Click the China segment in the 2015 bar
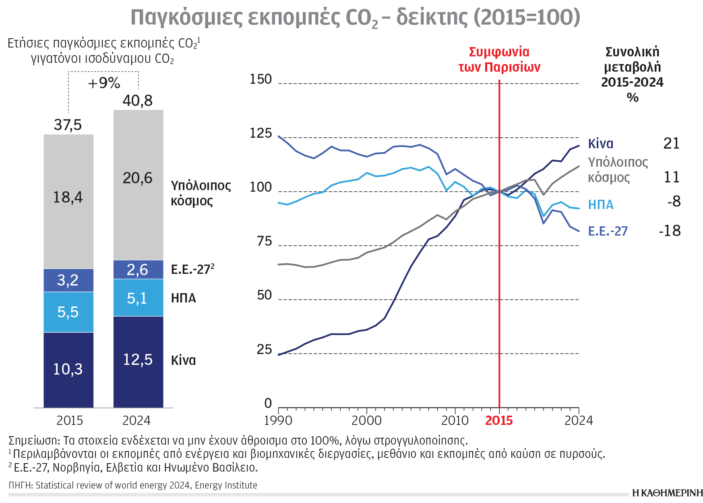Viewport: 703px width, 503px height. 68,369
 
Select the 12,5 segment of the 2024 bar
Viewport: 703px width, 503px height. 138,360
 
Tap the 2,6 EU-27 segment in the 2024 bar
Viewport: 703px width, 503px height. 138,269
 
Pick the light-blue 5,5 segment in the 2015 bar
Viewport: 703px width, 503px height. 68,312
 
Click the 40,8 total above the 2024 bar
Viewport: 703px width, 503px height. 138,101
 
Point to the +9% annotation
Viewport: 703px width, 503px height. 104,83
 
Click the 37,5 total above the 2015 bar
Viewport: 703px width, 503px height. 68,125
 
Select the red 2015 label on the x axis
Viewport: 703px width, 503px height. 499,420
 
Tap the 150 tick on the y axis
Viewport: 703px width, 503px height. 261,79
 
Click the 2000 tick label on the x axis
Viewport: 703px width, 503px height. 366,420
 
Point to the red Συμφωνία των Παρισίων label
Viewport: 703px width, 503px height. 499,60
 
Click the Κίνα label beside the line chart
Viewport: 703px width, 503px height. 600,144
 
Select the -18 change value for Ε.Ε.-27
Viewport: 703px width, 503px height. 670,231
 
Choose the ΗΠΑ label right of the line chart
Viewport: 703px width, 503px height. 601,205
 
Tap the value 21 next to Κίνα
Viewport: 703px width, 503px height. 671,143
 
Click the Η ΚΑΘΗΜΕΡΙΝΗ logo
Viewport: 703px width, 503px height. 667,493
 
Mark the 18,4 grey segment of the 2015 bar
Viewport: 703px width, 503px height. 68,197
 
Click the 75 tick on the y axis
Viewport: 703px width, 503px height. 265,241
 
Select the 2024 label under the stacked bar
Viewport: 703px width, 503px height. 136,420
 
